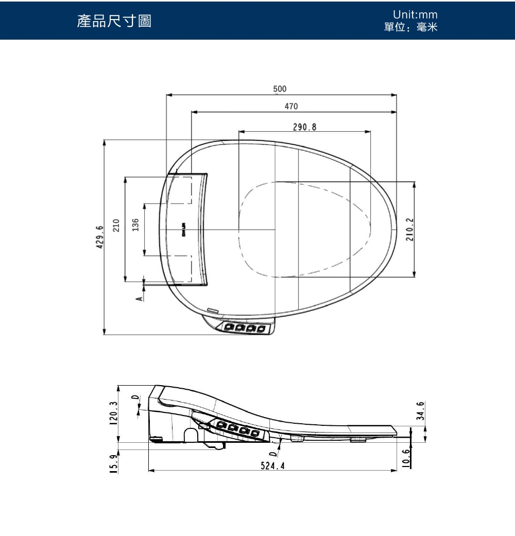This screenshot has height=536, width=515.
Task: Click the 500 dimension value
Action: click(x=280, y=89)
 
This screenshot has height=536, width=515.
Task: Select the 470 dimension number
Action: click(x=291, y=106)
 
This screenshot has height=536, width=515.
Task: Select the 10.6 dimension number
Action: click(x=407, y=458)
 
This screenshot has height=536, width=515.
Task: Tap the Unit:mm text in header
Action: click(x=410, y=15)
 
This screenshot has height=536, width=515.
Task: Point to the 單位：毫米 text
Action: click(x=410, y=27)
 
